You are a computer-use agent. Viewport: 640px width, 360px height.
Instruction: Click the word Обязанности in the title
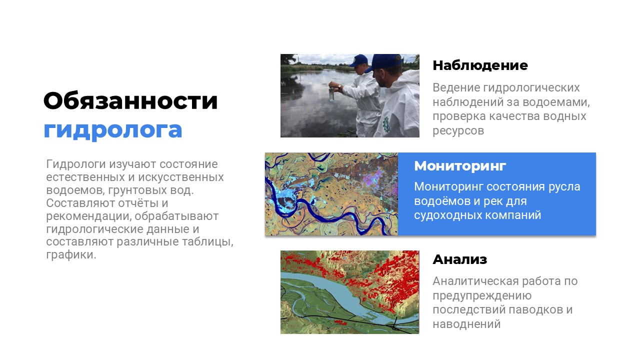[130, 101]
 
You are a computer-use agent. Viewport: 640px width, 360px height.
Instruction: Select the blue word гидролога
[113, 130]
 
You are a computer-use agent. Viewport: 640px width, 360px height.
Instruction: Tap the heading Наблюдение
[480, 65]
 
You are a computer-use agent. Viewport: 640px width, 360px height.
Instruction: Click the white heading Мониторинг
[460, 166]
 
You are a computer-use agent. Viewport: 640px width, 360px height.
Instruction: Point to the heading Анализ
[459, 259]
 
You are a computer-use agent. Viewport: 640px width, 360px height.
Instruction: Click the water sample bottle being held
[331, 94]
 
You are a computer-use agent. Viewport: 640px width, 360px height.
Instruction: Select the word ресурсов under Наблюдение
[458, 131]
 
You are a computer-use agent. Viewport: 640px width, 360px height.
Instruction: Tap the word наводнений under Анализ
[466, 324]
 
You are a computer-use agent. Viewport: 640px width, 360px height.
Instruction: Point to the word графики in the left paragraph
[71, 255]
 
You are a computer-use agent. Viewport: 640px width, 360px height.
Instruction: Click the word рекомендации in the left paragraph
[89, 216]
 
